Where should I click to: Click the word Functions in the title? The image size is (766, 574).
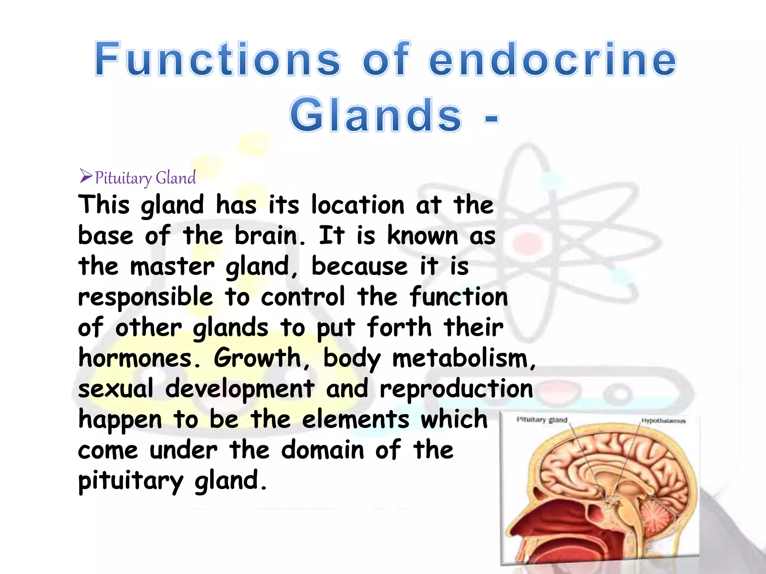pyautogui.click(x=217, y=59)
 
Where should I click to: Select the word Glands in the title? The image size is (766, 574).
pyautogui.click(x=376, y=115)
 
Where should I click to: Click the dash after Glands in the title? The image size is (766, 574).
pyautogui.click(x=491, y=118)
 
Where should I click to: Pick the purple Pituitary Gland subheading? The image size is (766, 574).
pyautogui.click(x=145, y=178)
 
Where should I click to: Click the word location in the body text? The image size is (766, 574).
pyautogui.click(x=358, y=205)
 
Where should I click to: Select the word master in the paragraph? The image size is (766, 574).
pyautogui.click(x=172, y=266)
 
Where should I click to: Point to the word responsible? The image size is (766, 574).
pyautogui.click(x=145, y=297)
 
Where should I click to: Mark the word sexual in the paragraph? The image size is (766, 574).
pyautogui.click(x=115, y=389)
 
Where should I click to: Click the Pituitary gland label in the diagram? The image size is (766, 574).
pyautogui.click(x=542, y=420)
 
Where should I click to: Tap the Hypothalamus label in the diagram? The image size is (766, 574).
pyautogui.click(x=663, y=421)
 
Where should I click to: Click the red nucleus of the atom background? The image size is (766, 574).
pyautogui.click(x=527, y=242)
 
